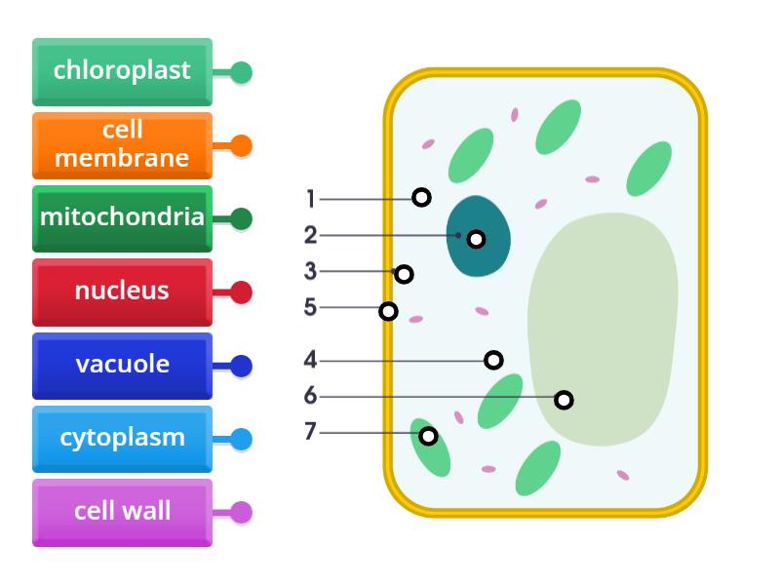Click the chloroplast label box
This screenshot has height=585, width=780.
click(122, 71)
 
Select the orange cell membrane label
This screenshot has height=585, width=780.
click(122, 144)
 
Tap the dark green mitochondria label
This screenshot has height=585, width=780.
click(122, 217)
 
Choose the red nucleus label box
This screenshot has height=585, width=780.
click(122, 291)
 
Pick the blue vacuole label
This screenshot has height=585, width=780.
click(122, 365)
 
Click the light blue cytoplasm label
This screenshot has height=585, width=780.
click(122, 438)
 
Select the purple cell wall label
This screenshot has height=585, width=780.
click(122, 511)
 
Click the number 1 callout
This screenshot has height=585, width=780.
click(311, 199)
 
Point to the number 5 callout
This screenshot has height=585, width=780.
click(310, 308)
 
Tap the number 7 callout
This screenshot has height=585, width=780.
click(310, 431)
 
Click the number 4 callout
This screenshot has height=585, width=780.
click(310, 360)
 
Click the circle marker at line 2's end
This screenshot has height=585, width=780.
click(476, 239)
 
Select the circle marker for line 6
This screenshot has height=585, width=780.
click(564, 400)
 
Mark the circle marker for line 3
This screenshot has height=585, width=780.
click(404, 274)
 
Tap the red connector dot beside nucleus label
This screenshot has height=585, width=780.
click(241, 292)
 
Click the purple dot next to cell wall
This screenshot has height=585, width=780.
click(241, 512)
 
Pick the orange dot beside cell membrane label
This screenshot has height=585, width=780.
click(241, 146)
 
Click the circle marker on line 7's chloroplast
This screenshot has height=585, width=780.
click(428, 436)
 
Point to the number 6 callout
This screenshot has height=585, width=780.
click(310, 396)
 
